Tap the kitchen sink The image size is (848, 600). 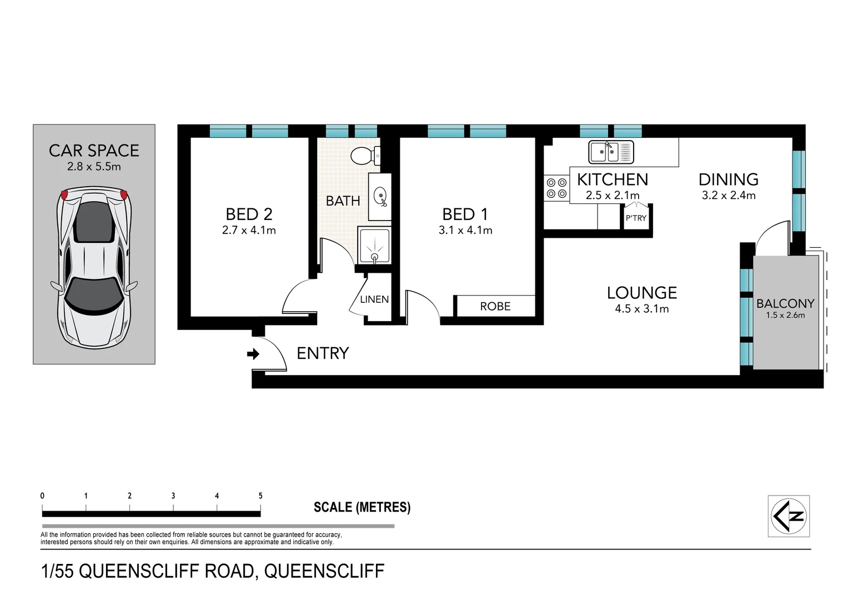click(x=611, y=152)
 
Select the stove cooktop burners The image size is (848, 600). click(x=556, y=188)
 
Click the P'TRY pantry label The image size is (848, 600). click(x=636, y=218)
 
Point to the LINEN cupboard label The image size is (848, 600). click(x=374, y=299)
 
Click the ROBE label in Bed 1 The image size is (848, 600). click(x=495, y=306)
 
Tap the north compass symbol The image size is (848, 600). click(x=789, y=516)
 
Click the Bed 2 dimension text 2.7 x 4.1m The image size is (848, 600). click(x=249, y=230)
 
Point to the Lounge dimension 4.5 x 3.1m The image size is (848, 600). click(x=641, y=309)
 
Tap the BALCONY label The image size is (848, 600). click(x=785, y=303)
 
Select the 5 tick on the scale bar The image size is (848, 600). click(x=260, y=496)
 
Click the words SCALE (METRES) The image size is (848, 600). click(x=362, y=507)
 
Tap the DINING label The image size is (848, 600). click(x=728, y=179)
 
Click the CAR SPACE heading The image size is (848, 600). click(x=94, y=151)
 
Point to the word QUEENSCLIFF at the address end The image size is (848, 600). click(x=324, y=571)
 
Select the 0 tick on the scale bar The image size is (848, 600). click(x=43, y=496)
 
